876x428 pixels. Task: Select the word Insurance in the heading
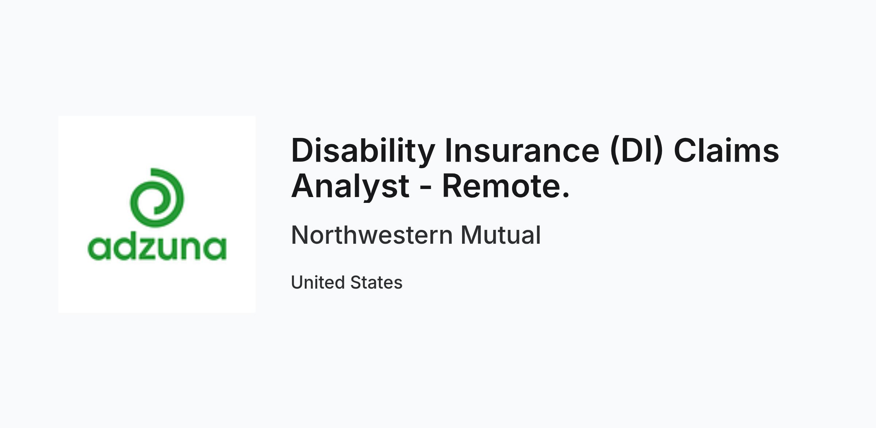[522, 151]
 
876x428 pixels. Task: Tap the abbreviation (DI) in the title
[637, 151]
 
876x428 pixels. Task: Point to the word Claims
[726, 150]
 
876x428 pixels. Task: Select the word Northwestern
[372, 235]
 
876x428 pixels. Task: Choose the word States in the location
[376, 282]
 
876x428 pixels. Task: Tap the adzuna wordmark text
[157, 248]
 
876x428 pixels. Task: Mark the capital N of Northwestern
[300, 235]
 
